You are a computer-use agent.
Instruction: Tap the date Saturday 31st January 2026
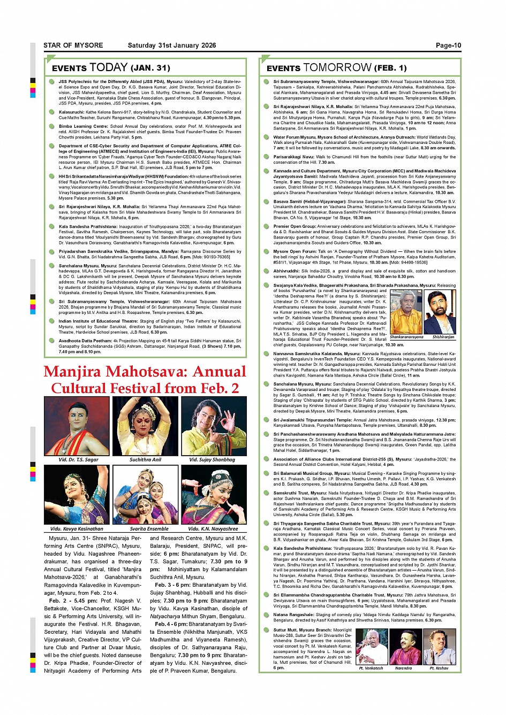(171, 45)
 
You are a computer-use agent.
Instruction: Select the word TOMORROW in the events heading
(337, 67)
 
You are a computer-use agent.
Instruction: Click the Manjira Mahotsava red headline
(145, 380)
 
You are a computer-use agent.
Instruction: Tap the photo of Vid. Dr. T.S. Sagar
(77, 426)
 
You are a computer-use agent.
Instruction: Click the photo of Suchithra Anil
(145, 426)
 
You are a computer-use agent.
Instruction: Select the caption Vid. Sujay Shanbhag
(212, 459)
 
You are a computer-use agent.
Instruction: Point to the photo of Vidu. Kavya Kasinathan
(77, 495)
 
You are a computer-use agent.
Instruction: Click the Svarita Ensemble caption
(145, 528)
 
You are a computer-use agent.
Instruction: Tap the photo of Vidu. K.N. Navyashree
(214, 495)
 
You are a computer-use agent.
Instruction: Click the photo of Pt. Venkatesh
(371, 647)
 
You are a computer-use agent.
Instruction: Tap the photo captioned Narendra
(404, 647)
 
